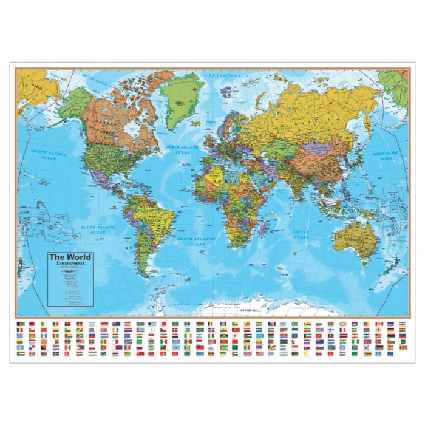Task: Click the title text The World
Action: (70, 256)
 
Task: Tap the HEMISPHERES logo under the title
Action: (70, 264)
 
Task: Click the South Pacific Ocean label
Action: (98, 229)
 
